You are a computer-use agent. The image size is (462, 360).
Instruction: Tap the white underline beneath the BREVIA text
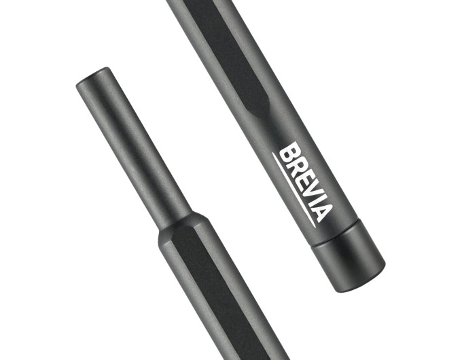coord(294,190)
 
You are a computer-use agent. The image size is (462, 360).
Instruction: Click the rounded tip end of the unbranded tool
coord(94,77)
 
